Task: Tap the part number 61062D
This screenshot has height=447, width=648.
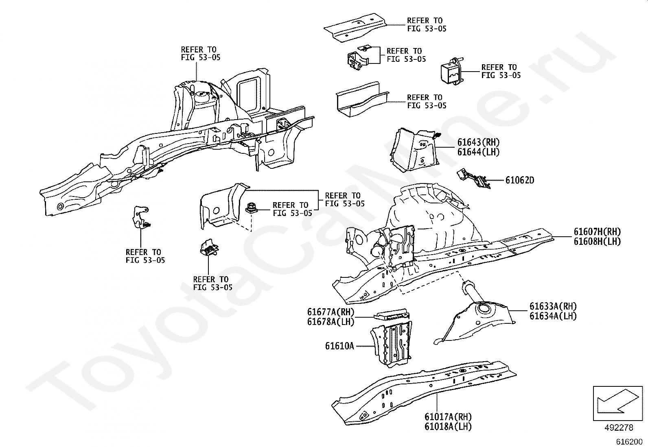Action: [520, 180]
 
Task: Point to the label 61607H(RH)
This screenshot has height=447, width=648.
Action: [597, 232]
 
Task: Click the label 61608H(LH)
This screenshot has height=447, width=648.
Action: [597, 241]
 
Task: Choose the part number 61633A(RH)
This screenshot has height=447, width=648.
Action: [553, 306]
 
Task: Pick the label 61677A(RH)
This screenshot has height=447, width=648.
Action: [331, 312]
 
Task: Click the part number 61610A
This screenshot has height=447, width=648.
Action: [339, 346]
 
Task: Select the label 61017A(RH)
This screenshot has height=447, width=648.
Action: [448, 417]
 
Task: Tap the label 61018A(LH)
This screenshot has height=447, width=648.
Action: [448, 426]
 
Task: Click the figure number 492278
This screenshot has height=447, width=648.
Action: [619, 428]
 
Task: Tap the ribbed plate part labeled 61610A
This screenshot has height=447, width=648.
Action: [391, 342]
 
